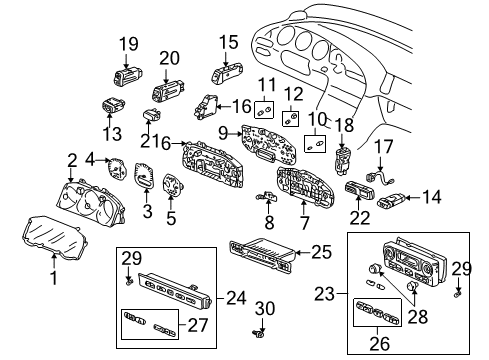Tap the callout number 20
tap(169, 57)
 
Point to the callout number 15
tap(230, 42)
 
